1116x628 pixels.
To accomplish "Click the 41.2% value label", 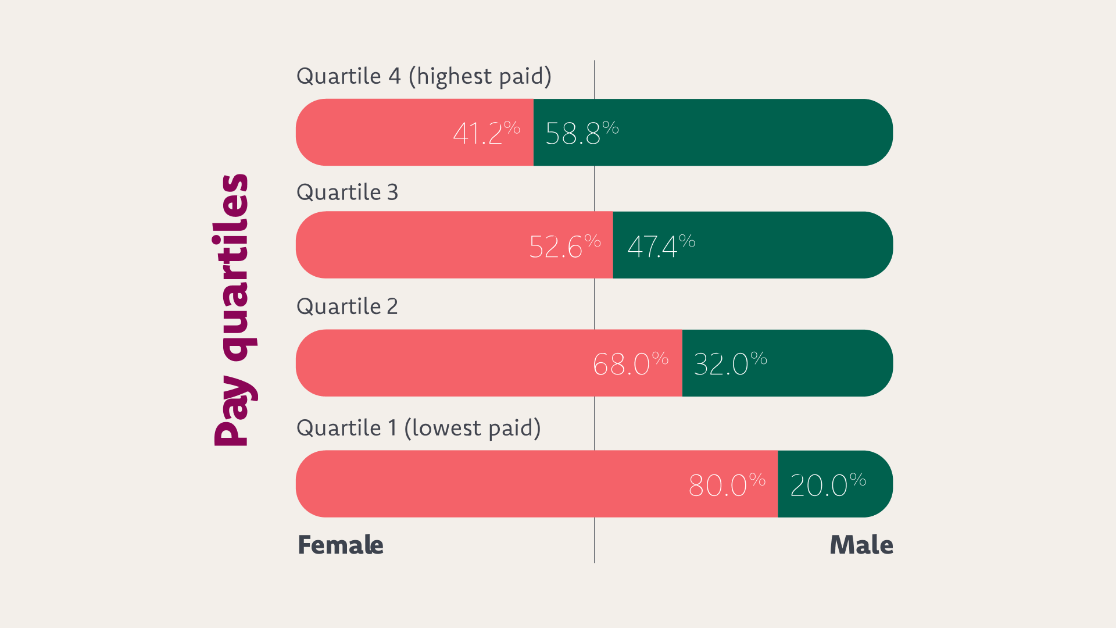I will (486, 133).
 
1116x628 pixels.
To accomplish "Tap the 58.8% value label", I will (581, 133).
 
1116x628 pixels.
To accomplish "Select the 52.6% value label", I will (564, 246).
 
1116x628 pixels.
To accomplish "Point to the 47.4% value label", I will (661, 246).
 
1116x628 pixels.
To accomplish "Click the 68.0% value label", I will (630, 363).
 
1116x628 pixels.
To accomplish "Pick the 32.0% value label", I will (730, 363).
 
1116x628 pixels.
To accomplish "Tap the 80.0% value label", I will (727, 484).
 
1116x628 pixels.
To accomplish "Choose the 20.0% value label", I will (828, 484).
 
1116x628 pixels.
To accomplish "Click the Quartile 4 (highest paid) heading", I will (424, 76).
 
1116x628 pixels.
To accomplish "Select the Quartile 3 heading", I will (347, 192).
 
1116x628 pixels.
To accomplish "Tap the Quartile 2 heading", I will (347, 306).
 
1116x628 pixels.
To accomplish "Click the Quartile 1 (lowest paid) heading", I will (419, 428).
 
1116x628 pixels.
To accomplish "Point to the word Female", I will (341, 545).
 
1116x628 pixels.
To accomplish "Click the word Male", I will (861, 545).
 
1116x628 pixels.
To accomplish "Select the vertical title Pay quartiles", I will (233, 310).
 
